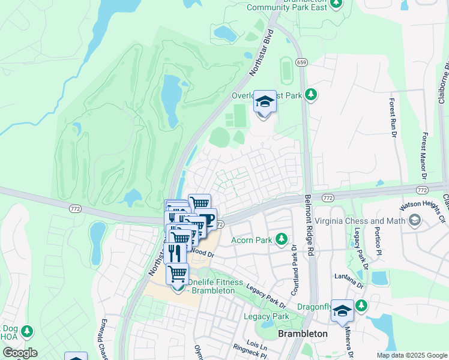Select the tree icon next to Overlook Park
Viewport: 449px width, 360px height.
[310, 94]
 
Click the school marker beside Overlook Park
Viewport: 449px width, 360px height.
[265, 102]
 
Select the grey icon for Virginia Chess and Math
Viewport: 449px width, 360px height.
[413, 221]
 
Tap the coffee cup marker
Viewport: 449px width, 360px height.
[206, 220]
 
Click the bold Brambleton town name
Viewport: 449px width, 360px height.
[303, 334]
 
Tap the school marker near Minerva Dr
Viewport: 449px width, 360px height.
[342, 311]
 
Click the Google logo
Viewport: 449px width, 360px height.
[20, 353]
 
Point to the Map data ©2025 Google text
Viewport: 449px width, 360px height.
[411, 355]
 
